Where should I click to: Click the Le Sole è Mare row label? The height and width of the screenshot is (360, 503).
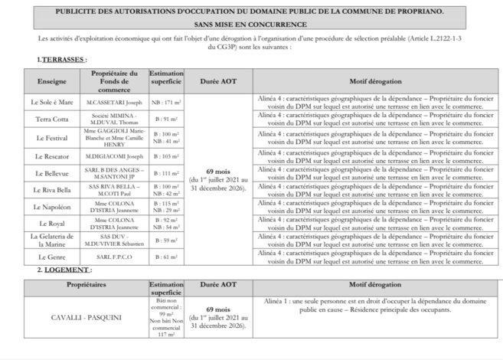click(52, 102)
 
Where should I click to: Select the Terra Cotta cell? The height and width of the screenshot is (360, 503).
click(52, 119)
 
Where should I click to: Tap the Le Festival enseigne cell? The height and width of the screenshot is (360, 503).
click(52, 138)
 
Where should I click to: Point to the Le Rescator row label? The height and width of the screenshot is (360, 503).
click(52, 155)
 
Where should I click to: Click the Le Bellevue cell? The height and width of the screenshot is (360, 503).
click(52, 174)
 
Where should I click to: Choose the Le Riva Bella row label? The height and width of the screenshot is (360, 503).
click(52, 190)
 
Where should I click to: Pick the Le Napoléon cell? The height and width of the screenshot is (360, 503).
click(52, 207)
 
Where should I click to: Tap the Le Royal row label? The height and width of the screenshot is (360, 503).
click(52, 223)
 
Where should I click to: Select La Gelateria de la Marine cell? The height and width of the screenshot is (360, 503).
click(52, 240)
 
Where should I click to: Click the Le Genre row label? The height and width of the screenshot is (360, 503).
click(52, 257)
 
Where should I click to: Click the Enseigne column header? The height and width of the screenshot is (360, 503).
click(52, 80)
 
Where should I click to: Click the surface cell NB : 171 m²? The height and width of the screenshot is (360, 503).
click(166, 102)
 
